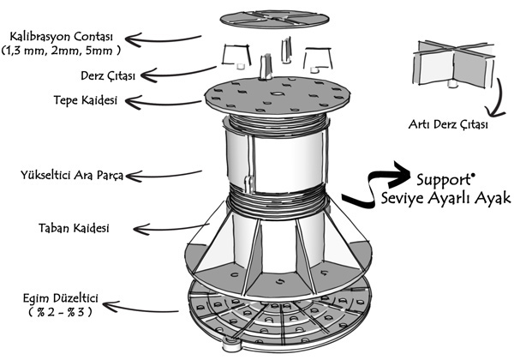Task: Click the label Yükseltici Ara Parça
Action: pos(72,176)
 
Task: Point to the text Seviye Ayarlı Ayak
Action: pos(445,200)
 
